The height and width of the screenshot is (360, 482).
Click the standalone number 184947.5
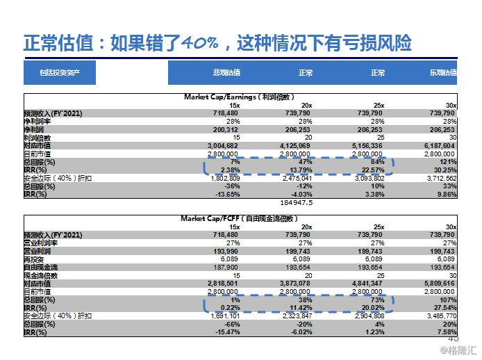click(x=296, y=203)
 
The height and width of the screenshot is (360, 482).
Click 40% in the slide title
click(x=199, y=44)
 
